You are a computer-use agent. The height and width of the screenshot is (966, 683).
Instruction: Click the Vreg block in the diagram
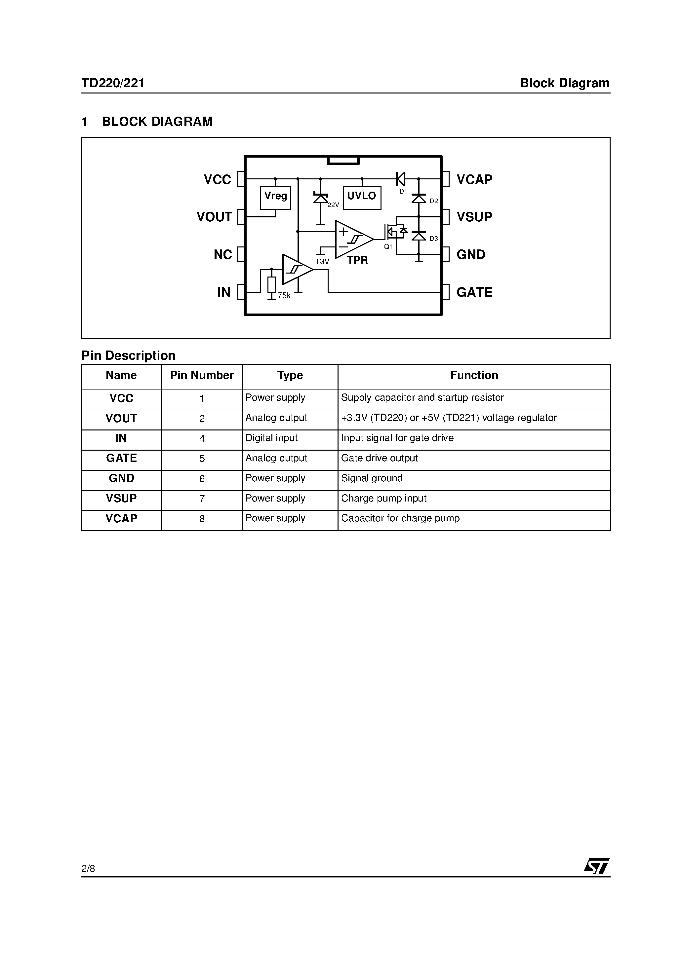(275, 197)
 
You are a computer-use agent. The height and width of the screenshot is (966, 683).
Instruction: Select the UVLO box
(362, 197)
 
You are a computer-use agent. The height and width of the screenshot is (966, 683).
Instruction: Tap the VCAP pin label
(474, 180)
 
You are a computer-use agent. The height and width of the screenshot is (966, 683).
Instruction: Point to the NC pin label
(223, 254)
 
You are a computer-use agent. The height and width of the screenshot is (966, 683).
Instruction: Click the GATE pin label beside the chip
(474, 292)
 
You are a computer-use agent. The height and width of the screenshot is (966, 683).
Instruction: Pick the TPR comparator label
(357, 260)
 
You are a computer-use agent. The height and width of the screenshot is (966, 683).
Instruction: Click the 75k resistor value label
(284, 296)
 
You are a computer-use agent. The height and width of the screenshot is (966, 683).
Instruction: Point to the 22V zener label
(333, 205)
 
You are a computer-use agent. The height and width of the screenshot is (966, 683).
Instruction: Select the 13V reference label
(322, 261)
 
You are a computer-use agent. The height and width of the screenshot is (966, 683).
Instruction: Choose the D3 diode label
(433, 239)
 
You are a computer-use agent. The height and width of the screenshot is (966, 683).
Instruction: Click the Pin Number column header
(202, 375)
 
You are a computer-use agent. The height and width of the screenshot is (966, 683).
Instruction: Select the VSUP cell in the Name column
(121, 499)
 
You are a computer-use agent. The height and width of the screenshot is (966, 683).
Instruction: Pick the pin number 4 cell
(202, 439)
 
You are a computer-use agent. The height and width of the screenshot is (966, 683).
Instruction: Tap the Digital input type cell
(272, 438)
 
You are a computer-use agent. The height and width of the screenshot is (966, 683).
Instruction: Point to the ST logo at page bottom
(596, 866)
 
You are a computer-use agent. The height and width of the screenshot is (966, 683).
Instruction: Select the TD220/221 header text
(113, 83)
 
